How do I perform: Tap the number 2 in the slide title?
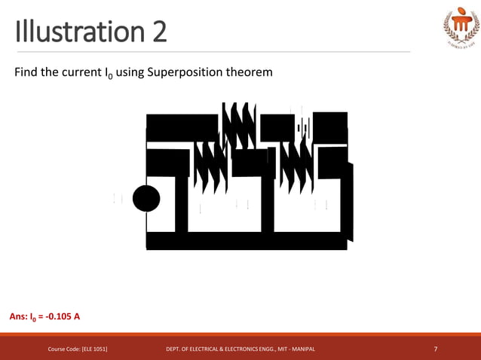coord(156,32)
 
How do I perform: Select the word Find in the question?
coord(27,73)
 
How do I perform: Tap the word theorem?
coord(252,73)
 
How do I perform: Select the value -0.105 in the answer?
coord(59,316)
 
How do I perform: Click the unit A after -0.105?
coord(77,316)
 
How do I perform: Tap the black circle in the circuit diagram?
coord(146,200)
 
